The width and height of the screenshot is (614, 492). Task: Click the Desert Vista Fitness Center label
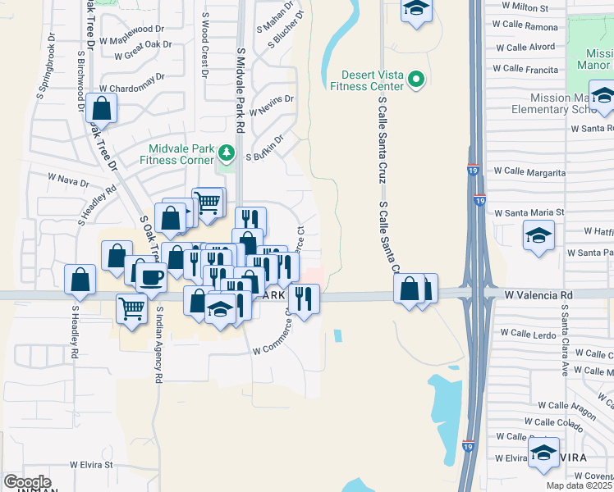(366, 79)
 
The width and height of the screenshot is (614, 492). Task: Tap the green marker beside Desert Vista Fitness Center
(416, 79)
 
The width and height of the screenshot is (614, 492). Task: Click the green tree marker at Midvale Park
(227, 153)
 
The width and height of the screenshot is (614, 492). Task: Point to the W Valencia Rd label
(537, 294)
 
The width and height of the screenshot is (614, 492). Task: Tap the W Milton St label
(525, 7)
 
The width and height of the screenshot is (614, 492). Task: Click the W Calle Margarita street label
(529, 173)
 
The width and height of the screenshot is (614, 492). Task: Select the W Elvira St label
(90, 464)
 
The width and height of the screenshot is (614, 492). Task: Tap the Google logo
(27, 482)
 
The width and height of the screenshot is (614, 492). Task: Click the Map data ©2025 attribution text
(580, 485)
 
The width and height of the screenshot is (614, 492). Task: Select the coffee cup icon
(151, 277)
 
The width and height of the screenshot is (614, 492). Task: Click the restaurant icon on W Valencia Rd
(304, 298)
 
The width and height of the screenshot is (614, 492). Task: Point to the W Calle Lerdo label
(529, 334)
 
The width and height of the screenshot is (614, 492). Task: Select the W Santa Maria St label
(529, 212)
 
